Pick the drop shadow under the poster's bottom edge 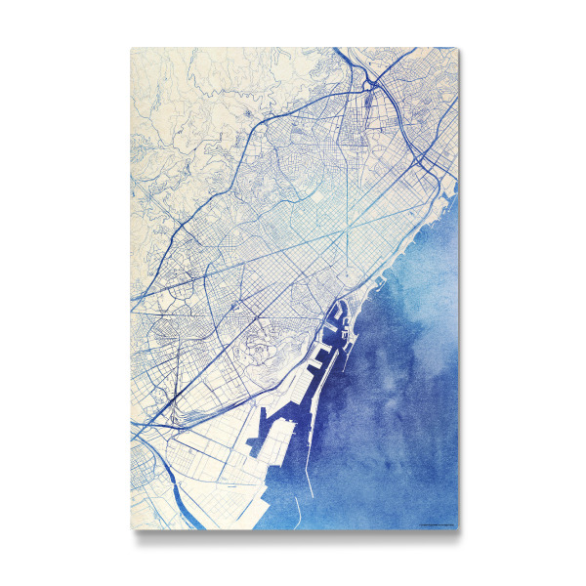click(293, 538)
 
